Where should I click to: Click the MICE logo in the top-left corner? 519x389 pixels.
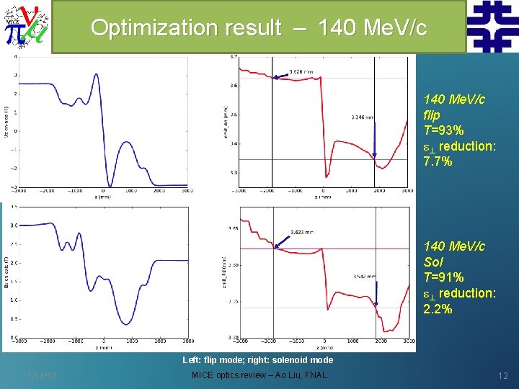[x=25, y=26]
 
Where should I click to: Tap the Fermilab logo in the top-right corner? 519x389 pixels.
[x=492, y=26]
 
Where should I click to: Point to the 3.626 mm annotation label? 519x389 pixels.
[x=301, y=71]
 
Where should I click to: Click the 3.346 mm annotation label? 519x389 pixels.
[x=363, y=116]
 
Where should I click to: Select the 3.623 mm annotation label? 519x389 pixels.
[x=301, y=232]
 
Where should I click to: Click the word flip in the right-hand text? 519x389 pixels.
[x=432, y=115]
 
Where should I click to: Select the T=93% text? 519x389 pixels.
[x=444, y=130]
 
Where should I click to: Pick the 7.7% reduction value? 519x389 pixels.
[x=438, y=161]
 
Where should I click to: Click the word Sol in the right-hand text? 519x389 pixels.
[x=433, y=261]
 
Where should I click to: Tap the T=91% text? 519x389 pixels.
[x=444, y=277]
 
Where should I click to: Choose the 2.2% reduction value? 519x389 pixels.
[x=438, y=308]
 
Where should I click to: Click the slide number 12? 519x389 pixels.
[x=502, y=375]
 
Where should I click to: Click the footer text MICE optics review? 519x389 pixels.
[x=231, y=375]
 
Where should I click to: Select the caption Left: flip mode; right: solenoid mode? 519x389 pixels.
[x=257, y=359]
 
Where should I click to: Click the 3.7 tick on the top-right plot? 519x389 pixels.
[x=233, y=57]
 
